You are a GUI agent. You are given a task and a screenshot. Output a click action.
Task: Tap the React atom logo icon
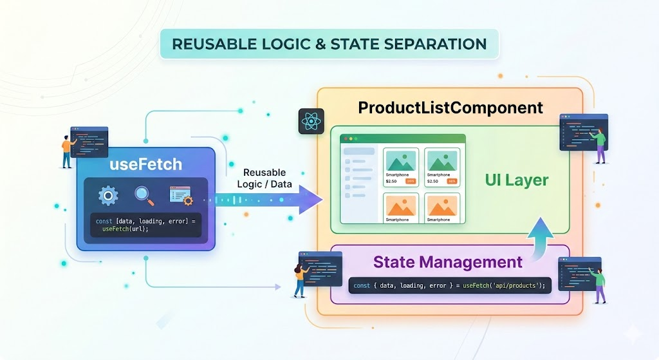point(311,122)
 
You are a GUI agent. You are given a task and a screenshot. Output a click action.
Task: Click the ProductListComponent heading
point(450,107)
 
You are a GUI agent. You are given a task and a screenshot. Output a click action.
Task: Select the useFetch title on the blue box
point(145,164)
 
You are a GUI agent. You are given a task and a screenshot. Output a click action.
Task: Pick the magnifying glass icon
point(144,195)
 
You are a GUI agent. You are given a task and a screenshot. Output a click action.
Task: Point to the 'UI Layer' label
point(517,180)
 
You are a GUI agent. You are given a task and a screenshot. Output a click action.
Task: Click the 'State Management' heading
point(447,262)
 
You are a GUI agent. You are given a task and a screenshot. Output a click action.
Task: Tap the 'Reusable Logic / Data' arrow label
point(268,178)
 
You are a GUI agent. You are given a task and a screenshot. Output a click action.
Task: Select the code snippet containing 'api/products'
point(450,285)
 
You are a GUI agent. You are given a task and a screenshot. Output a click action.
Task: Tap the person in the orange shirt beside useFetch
point(67,151)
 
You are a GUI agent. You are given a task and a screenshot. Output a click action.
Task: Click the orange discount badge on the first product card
point(410,182)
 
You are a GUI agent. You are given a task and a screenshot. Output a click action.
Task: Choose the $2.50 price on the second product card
point(432,182)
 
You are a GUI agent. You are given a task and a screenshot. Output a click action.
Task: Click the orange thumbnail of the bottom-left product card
point(401,205)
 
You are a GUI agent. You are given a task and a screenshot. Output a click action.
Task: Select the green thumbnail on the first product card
point(401,160)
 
